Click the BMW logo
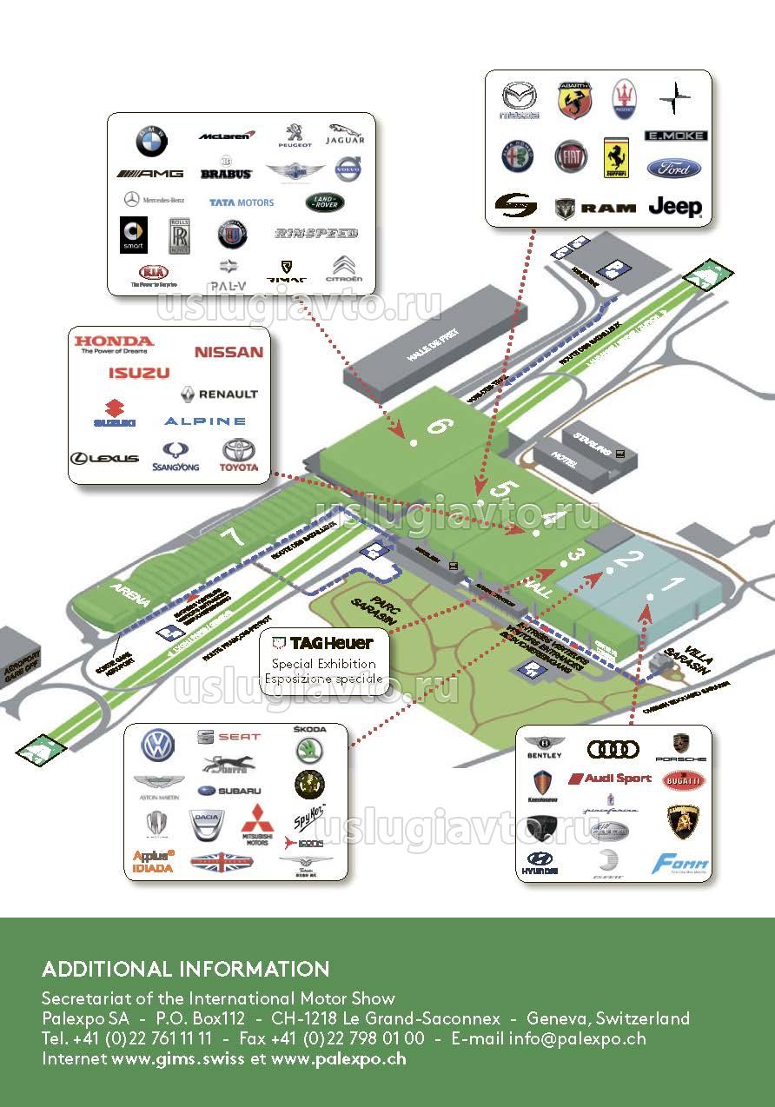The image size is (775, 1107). click(151, 140)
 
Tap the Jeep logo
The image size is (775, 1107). click(675, 207)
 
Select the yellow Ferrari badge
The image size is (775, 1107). click(616, 157)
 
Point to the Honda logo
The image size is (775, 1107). click(113, 344)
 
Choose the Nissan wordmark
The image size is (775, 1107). click(229, 352)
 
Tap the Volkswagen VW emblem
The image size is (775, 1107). click(158, 745)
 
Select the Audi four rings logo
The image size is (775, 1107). click(613, 748)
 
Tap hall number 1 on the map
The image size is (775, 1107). click(671, 584)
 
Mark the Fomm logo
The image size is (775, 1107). click(679, 864)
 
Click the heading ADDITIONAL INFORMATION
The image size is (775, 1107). click(186, 969)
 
